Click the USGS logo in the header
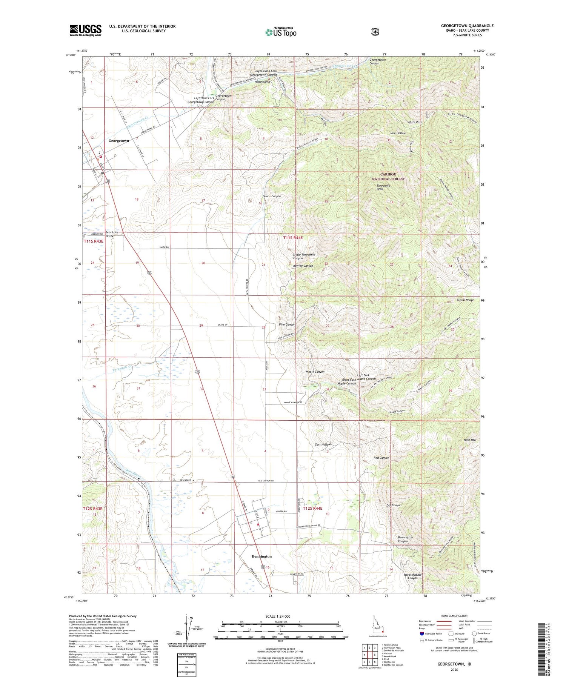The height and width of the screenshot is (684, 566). [x=85, y=30]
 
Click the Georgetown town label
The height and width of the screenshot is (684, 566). [x=118, y=141]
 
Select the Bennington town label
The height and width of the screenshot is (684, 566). [x=261, y=556]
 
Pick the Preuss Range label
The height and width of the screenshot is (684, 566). [x=465, y=300]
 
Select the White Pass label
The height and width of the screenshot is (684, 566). [x=414, y=123]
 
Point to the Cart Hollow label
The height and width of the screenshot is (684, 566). [x=323, y=444]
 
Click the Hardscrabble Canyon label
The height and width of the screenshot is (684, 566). [x=412, y=576]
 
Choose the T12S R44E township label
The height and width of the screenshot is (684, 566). [x=313, y=508]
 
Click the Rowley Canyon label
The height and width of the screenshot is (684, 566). [x=303, y=266]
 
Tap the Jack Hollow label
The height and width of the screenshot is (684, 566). [x=398, y=133]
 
